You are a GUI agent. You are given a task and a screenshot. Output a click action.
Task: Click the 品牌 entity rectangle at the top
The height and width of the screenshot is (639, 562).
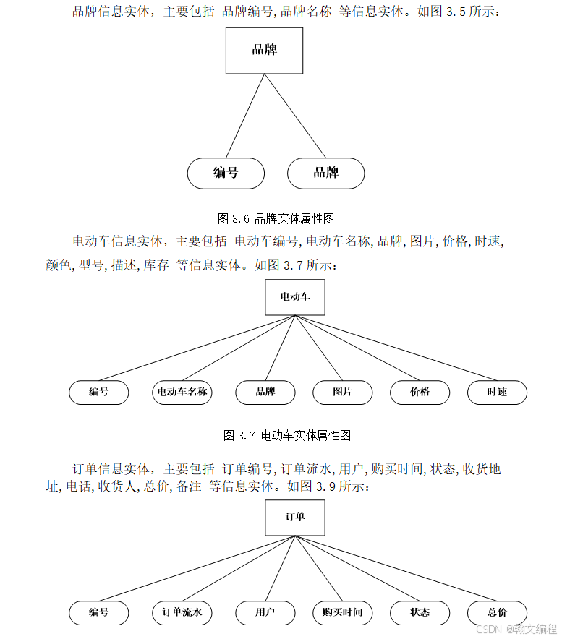tap(264, 51)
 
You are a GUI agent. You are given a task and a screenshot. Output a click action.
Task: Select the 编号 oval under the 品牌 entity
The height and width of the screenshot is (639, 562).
tap(226, 173)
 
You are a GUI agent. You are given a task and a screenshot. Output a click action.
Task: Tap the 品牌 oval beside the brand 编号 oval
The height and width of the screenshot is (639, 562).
tap(325, 173)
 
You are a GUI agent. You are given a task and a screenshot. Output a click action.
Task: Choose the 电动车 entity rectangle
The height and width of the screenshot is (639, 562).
tap(294, 297)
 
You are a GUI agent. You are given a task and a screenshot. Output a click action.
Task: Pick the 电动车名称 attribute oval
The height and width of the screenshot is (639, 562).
tap(182, 393)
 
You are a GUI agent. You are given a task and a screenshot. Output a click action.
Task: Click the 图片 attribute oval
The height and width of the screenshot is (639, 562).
tap(342, 393)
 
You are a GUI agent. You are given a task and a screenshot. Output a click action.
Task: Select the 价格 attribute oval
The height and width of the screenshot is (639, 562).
tap(420, 393)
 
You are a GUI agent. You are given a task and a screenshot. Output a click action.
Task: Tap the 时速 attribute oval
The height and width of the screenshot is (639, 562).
tap(497, 393)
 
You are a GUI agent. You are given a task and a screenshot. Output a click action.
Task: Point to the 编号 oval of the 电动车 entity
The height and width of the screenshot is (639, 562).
tap(99, 393)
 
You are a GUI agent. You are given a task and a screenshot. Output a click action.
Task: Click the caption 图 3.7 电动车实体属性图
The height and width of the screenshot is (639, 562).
tap(288, 435)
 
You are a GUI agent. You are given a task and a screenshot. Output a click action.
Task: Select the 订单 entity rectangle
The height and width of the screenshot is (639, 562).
tap(294, 517)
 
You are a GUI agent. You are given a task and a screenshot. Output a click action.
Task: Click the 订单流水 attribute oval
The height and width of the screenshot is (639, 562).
tap(182, 613)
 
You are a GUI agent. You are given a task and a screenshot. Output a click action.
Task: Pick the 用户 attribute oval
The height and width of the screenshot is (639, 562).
tap(265, 613)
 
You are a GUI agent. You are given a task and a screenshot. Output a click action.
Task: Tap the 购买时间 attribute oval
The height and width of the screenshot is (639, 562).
tap(342, 613)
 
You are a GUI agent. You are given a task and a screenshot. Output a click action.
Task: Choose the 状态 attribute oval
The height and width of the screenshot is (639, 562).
tap(420, 613)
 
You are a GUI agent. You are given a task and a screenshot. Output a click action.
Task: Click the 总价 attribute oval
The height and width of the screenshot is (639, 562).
tap(497, 613)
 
